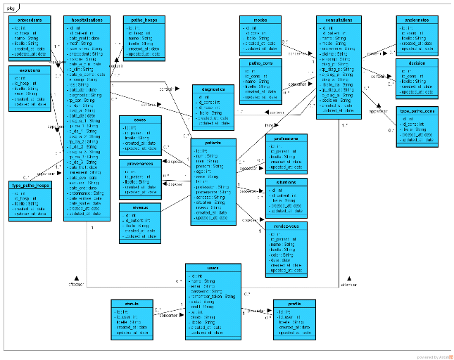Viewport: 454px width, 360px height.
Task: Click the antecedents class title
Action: tap(28, 20)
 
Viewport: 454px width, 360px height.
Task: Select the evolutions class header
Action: tap(28, 71)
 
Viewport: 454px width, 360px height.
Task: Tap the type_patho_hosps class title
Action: tap(29, 185)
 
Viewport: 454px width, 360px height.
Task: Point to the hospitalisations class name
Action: tap(87, 20)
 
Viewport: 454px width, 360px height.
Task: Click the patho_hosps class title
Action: tap(144, 20)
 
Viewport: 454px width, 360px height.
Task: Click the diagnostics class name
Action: tap(213, 89)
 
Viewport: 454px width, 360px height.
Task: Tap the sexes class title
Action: tap(140, 119)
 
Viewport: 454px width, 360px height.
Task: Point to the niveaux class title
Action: tap(141, 207)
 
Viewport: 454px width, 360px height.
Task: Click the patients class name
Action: tap(213, 142)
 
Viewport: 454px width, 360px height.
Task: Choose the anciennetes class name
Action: tap(417, 20)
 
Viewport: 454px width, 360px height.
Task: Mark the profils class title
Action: tap(294, 304)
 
